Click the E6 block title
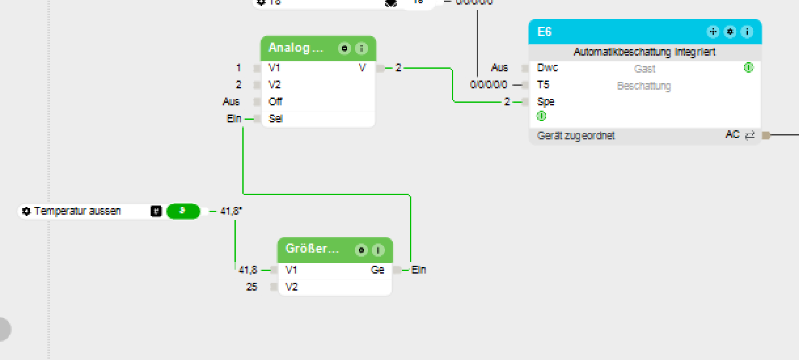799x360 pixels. (x=545, y=32)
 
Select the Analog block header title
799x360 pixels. (x=296, y=48)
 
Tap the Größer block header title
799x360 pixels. (x=312, y=249)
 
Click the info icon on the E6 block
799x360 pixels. (x=747, y=32)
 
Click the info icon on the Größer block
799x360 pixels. (x=378, y=250)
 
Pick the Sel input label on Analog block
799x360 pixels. (x=276, y=119)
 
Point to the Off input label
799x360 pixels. (x=275, y=102)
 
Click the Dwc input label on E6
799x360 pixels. (x=548, y=68)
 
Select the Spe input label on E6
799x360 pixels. (x=546, y=102)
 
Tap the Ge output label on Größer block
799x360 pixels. (x=378, y=270)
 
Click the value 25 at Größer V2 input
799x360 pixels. (x=251, y=287)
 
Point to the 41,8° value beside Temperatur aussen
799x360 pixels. (x=231, y=211)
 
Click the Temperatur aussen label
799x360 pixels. (x=77, y=211)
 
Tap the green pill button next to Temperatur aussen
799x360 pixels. (x=183, y=211)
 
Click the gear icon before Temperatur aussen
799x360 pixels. (x=26, y=211)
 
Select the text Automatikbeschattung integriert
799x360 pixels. (x=644, y=52)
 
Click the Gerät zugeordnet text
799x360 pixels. (x=576, y=136)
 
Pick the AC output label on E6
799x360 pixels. (x=732, y=135)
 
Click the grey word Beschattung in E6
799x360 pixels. (x=644, y=86)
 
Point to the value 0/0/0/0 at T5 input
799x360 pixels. (x=488, y=85)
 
